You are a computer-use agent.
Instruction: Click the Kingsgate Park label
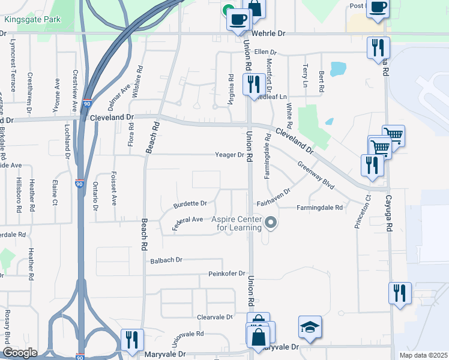[25, 20]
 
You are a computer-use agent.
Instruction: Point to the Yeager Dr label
[230, 155]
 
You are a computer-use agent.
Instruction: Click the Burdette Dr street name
[190, 204]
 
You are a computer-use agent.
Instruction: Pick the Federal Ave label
[188, 220]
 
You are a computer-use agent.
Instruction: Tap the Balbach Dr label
[166, 260]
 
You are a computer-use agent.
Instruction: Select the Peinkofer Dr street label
[227, 274]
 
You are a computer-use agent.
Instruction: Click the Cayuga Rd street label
[389, 227]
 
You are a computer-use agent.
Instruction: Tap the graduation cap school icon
[310, 327]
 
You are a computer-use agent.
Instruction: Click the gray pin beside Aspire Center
[271, 223]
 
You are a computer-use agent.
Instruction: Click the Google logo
[20, 353]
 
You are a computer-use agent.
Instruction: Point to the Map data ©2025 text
[423, 355]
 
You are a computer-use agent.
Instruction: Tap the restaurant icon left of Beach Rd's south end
[131, 339]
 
